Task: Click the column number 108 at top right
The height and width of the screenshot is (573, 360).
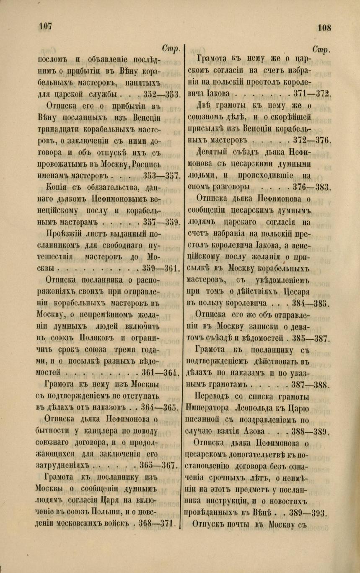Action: (x=324, y=28)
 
